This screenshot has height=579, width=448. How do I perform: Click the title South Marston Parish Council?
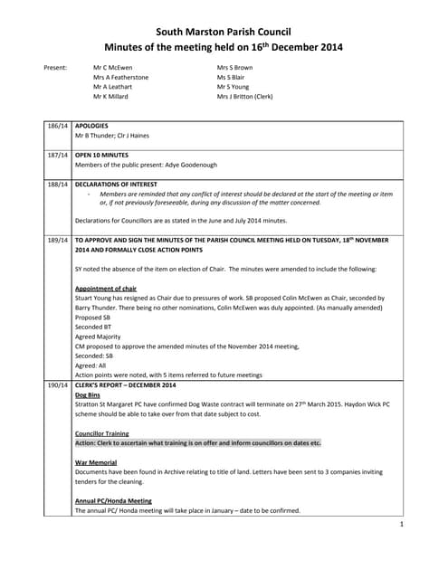click(223, 32)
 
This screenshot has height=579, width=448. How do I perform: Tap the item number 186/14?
click(58, 126)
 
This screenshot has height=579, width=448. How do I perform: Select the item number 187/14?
click(58, 155)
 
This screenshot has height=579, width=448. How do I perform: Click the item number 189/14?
click(58, 240)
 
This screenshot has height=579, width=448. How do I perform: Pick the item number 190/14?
click(58, 385)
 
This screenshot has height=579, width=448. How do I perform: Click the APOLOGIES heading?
click(91, 126)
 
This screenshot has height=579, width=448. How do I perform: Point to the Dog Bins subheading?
click(88, 394)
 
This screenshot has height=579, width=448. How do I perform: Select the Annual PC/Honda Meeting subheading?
click(113, 500)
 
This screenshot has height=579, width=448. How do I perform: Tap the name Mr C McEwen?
click(112, 68)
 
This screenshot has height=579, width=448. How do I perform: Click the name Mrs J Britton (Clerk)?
click(244, 96)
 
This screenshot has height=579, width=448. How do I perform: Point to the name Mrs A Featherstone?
click(120, 78)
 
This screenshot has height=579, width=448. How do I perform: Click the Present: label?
click(56, 68)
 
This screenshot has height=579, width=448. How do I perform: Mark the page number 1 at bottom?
click(400, 524)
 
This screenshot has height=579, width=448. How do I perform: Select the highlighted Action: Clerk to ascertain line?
click(198, 443)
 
